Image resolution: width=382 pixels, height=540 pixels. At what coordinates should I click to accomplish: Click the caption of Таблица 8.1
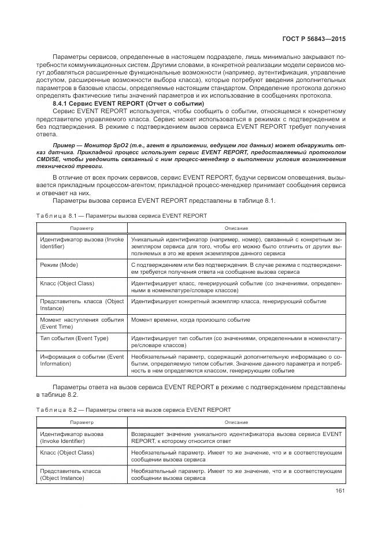point(121,215)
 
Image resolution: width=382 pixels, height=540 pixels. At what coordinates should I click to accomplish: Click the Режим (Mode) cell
point(58,264)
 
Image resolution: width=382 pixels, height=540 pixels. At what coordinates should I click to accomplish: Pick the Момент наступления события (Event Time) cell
point(81,322)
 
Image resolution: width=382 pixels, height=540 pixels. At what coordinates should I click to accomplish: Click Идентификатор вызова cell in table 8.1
point(81,242)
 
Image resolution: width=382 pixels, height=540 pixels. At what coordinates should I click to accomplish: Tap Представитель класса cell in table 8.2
point(70,474)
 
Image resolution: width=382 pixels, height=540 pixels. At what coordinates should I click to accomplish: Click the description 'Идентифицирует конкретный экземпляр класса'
point(228,301)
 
